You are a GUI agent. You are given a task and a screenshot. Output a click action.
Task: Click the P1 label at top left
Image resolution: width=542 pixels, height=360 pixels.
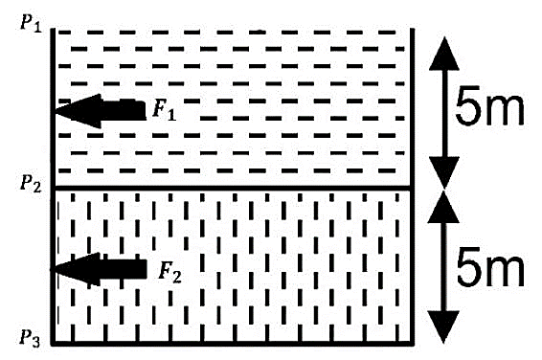pos(31,24)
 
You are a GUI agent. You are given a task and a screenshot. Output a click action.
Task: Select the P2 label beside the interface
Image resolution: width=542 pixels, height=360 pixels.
pos(31,183)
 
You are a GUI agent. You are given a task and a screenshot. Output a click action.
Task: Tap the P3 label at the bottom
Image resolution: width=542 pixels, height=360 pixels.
pos(30,338)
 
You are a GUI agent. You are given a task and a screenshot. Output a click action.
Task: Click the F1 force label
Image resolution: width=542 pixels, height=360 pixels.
pos(165,109)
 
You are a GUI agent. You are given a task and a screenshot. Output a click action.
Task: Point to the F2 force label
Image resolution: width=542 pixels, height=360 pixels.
pos(169,272)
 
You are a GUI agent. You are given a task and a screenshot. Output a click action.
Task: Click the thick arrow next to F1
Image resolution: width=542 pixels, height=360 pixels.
pos(100,111)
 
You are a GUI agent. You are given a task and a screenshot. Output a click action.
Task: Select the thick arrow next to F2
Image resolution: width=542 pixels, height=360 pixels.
pos(99,269)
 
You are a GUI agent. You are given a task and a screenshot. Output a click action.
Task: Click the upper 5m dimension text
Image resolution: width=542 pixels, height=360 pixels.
pos(489,105)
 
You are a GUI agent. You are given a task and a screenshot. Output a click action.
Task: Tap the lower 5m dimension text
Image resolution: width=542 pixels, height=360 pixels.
pos(490,267)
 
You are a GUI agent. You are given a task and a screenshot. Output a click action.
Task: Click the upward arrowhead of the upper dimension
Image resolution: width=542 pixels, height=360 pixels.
pos(444,54)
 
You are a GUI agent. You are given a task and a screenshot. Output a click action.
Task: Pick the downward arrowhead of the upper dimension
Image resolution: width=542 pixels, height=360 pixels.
pos(444,172)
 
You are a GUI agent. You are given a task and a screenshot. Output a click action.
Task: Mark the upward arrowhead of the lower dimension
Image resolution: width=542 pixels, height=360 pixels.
pos(443,207)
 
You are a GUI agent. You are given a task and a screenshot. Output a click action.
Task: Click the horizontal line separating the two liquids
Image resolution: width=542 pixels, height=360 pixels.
pos(233,189)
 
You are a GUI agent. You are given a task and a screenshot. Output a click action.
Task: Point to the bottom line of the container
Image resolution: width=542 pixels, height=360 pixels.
pos(233,344)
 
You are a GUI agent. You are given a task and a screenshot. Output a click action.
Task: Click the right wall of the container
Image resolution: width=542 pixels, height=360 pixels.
pos(412,187)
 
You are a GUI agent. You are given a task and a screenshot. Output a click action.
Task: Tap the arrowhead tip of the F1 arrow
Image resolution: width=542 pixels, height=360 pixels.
pos(55,111)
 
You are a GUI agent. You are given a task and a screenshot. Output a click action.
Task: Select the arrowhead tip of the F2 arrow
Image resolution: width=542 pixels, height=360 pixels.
pos(52,269)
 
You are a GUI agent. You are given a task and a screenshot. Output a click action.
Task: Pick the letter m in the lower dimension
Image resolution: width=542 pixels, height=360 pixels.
pos(506,272)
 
